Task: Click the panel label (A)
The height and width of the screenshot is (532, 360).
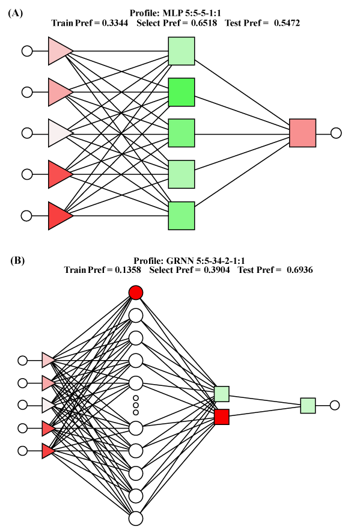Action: click(x=15, y=13)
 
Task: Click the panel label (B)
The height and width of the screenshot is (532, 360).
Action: click(x=17, y=260)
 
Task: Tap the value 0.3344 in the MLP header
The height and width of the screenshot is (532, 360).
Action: click(x=115, y=23)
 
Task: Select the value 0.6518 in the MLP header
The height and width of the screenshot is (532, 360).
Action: click(x=204, y=23)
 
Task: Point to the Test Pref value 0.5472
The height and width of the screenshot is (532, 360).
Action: click(x=287, y=23)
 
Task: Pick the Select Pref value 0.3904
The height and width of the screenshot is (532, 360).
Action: click(x=216, y=270)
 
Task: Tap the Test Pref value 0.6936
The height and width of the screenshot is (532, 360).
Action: click(x=300, y=270)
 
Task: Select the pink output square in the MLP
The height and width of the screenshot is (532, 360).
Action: click(x=303, y=133)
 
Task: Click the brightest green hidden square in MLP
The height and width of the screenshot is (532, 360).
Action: click(x=182, y=92)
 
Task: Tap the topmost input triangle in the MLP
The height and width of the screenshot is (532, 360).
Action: click(x=61, y=51)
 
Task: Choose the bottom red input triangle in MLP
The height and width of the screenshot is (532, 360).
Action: click(x=61, y=216)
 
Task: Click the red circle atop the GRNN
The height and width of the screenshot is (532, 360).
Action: click(x=136, y=293)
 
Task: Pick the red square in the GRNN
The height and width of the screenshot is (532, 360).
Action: click(x=222, y=417)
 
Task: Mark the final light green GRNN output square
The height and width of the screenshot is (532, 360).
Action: click(x=308, y=405)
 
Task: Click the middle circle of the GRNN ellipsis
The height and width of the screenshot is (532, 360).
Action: click(x=136, y=405)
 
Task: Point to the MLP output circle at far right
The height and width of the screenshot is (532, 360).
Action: click(x=336, y=133)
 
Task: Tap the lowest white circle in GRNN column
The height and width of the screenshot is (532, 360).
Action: click(x=136, y=518)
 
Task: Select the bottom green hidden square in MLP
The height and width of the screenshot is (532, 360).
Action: click(x=182, y=216)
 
